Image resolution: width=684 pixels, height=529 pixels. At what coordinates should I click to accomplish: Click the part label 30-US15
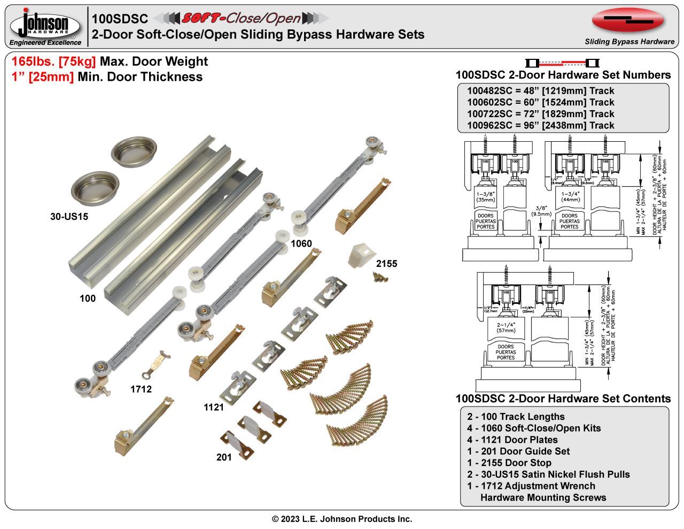click(69, 217)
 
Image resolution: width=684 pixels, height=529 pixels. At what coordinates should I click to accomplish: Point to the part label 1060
click(301, 244)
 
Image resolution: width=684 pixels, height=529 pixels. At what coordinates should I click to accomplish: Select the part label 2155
click(386, 264)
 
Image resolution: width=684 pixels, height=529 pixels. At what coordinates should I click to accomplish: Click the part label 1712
click(141, 389)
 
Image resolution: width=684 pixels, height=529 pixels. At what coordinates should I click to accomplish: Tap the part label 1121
click(214, 408)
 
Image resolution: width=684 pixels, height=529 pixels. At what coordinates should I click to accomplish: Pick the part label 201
click(224, 457)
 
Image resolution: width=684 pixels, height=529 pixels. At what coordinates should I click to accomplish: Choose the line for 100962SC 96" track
click(540, 126)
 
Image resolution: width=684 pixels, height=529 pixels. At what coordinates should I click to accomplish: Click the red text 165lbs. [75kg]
click(53, 62)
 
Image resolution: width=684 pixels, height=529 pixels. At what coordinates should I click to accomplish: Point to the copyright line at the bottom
click(342, 519)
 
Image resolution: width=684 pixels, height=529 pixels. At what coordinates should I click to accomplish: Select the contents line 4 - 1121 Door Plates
click(512, 440)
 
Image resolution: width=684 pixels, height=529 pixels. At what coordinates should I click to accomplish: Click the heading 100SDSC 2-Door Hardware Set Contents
click(563, 398)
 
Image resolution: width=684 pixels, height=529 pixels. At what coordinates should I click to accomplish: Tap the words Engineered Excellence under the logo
click(45, 43)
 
